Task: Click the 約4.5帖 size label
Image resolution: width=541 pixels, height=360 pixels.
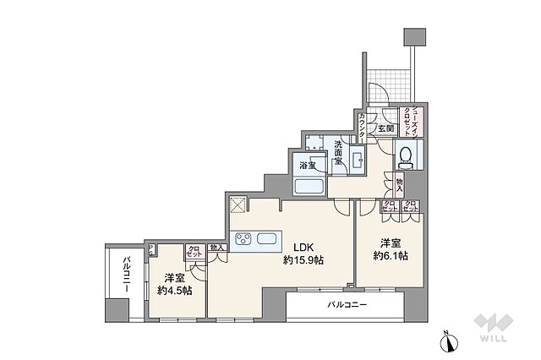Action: point(174,290)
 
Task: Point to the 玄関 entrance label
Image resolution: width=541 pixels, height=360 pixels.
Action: point(385,128)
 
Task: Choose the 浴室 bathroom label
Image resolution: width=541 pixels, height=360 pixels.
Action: point(307,166)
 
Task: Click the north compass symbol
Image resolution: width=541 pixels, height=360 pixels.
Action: point(448,341)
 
